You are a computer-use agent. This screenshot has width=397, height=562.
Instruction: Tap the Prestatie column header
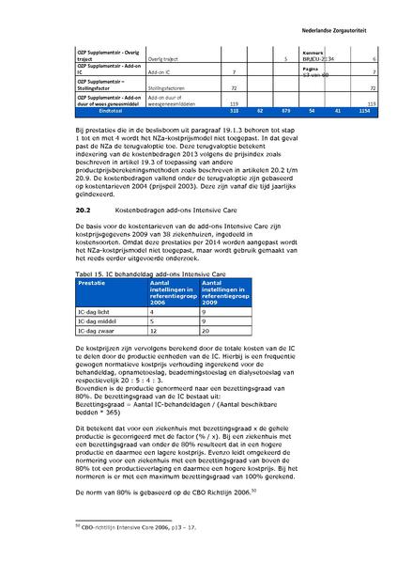(x=93, y=255)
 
